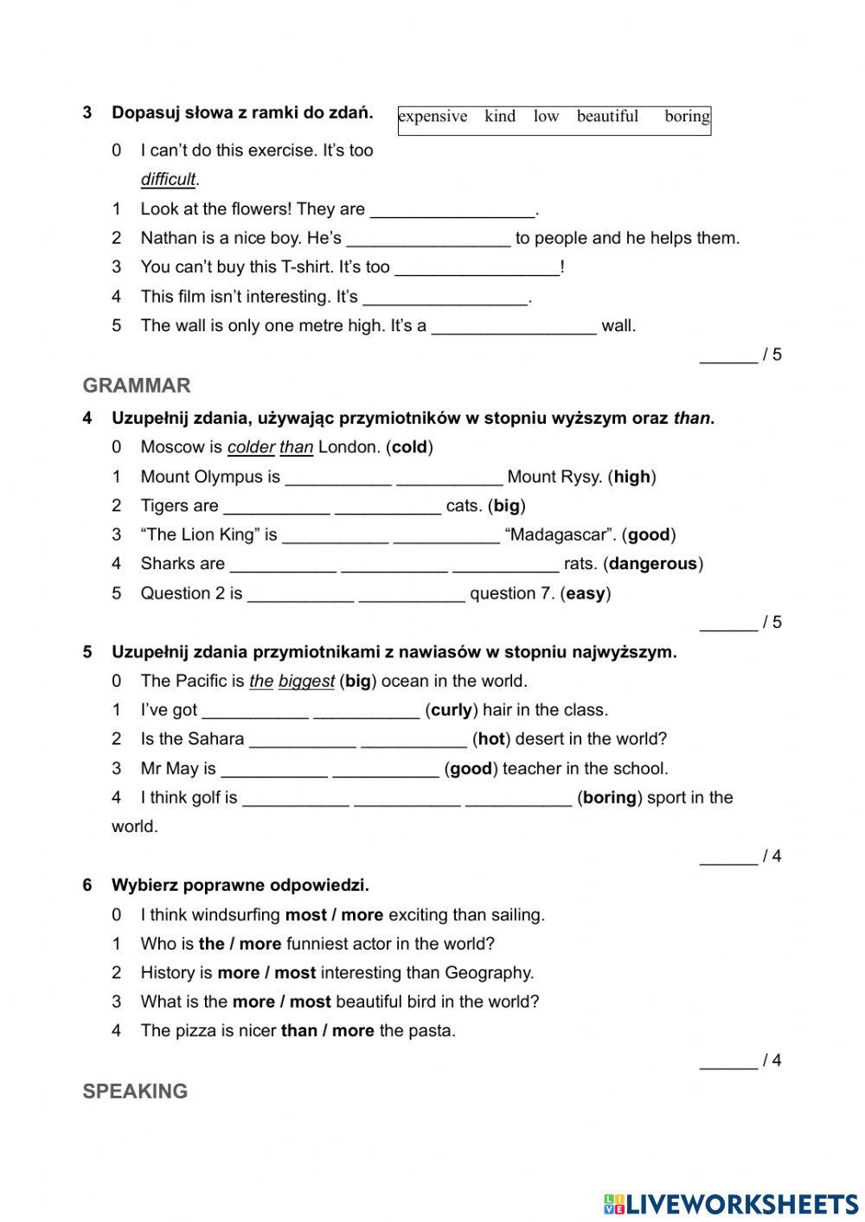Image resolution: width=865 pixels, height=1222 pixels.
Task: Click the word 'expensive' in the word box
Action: point(432,117)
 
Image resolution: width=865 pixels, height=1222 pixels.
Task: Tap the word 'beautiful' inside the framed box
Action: point(607,117)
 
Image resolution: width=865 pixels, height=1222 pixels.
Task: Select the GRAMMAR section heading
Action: point(137,386)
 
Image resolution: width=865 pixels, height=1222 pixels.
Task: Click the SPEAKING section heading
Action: point(135,1091)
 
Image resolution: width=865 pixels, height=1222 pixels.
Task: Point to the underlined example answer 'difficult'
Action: point(169,180)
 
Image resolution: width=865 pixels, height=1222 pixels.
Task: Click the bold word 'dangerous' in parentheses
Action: point(652,564)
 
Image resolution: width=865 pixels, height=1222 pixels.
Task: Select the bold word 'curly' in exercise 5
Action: point(451,710)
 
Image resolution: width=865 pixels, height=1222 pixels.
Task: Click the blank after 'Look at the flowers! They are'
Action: point(452,209)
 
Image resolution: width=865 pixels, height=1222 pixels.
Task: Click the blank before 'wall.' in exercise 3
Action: point(514,326)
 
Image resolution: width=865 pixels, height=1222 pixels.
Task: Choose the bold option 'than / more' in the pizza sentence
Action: point(328,1031)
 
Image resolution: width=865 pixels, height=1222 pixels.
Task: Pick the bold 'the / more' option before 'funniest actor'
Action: point(240,944)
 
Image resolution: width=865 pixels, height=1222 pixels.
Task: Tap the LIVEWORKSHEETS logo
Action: point(730,1203)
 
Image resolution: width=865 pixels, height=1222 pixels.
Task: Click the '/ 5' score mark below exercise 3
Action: point(772,355)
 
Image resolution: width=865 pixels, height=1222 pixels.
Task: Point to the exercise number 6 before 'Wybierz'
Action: point(87,886)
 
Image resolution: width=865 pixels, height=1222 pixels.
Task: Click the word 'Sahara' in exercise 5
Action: point(215,739)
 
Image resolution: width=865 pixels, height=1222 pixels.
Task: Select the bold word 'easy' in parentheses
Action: point(586,593)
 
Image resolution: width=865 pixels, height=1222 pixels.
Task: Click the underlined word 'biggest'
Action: point(306,681)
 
